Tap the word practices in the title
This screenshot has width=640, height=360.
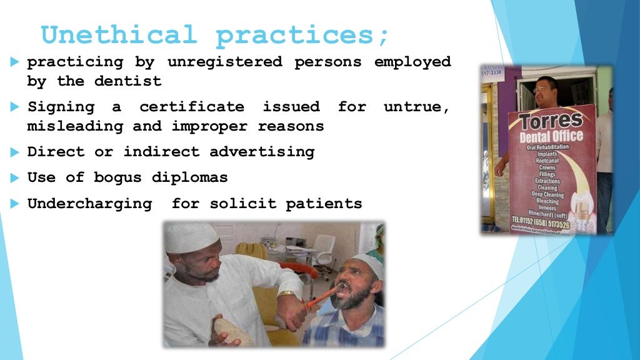coord(303,36)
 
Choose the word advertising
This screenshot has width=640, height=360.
coord(262,152)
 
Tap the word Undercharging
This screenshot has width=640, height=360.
coord(89,204)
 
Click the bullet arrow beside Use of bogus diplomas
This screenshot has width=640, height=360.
coord(15,178)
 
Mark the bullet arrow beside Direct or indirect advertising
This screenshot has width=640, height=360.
coord(15,152)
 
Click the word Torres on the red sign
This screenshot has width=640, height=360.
coord(552,121)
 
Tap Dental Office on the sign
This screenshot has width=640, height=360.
coord(552,136)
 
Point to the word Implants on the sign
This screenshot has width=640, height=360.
coord(547,154)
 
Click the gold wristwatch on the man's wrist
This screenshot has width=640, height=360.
coord(286,294)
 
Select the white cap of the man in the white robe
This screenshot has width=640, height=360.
coord(192,237)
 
